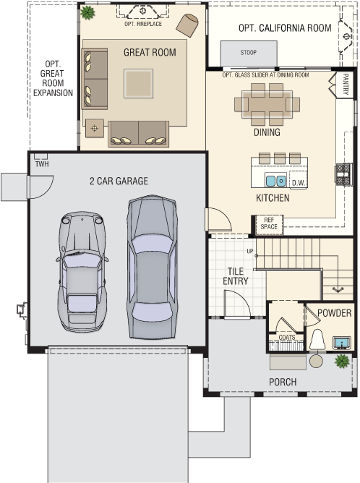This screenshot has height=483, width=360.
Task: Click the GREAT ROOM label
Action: click(x=150, y=52)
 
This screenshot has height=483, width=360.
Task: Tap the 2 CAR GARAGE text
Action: click(x=119, y=181)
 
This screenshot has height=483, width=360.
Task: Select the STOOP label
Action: click(x=249, y=52)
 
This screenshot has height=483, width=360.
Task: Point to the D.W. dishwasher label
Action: click(x=298, y=183)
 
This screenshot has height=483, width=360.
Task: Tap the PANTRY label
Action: click(x=346, y=84)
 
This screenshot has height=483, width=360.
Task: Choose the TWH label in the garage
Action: click(x=42, y=164)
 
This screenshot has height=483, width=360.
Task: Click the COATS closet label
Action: click(x=287, y=337)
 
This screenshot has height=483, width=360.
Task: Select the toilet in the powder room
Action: click(x=317, y=339)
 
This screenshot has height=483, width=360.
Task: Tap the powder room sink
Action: click(x=342, y=343)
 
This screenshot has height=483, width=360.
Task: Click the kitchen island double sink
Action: click(x=275, y=181)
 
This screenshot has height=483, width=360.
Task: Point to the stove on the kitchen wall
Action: click(x=343, y=174)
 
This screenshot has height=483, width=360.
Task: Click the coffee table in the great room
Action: click(x=138, y=83)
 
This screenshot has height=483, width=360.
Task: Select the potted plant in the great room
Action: click(x=87, y=12)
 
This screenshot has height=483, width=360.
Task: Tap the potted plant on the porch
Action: click(x=342, y=361)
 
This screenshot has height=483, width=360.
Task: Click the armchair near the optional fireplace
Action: click(x=187, y=25)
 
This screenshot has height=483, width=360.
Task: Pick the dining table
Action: click(x=267, y=104)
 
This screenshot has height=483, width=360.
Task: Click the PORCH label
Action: click(x=283, y=382)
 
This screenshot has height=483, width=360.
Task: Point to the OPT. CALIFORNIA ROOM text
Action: click(x=285, y=28)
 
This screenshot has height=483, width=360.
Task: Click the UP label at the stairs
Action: click(x=250, y=251)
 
